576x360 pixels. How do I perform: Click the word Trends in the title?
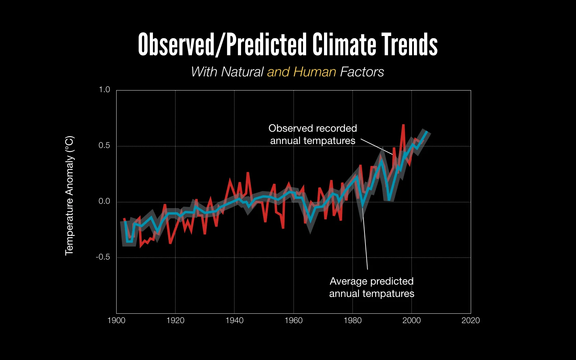tap(410, 45)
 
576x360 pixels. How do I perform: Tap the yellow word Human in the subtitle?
tap(315, 72)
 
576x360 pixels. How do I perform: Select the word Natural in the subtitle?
tap(242, 72)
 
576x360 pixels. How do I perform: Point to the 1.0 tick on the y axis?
tap(104, 90)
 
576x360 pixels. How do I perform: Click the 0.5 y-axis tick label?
tap(104, 145)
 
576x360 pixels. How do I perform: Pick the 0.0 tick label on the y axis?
tap(104, 201)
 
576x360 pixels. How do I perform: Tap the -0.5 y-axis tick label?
tap(103, 257)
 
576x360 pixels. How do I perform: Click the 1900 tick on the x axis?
tap(116, 321)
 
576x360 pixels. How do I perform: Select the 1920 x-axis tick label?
tap(175, 321)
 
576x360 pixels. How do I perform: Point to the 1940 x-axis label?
tap(234, 321)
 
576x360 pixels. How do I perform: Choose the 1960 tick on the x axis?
tap(293, 321)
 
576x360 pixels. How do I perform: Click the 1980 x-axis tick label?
tap(352, 321)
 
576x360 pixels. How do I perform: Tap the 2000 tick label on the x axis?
tap(411, 321)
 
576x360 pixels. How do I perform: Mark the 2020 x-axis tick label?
tap(470, 321)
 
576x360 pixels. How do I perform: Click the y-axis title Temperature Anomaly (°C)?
tap(69, 195)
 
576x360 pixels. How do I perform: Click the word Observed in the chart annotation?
tap(286, 128)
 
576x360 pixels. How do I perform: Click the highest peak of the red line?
tap(403, 125)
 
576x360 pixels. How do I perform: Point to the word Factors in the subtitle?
tap(362, 72)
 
